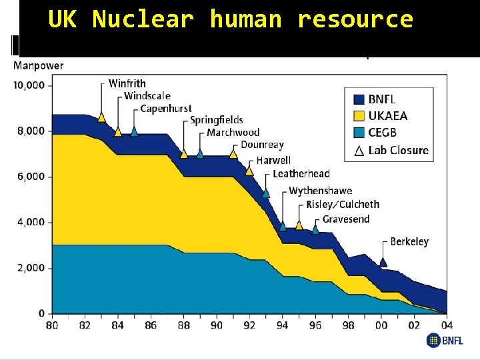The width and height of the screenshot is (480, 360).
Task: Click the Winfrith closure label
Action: pyautogui.click(x=127, y=84)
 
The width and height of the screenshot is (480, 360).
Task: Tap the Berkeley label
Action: pyautogui.click(x=409, y=241)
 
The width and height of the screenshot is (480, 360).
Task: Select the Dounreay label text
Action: pyautogui.click(x=262, y=145)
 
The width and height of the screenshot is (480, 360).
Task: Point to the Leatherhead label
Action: pyautogui.click(x=301, y=174)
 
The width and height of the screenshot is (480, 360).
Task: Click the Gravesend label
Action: pyautogui.click(x=346, y=219)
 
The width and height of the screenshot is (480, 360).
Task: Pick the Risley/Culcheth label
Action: pyautogui.click(x=343, y=205)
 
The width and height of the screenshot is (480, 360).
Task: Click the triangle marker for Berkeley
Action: pyautogui.click(x=383, y=262)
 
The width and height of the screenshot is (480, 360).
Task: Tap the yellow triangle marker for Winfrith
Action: pyautogui.click(x=101, y=117)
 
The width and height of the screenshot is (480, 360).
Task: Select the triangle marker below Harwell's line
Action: pyautogui.click(x=249, y=171)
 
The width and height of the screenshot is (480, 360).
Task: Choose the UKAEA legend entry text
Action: pyautogui.click(x=387, y=116)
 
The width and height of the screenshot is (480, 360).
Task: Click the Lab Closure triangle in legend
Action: pyautogui.click(x=359, y=151)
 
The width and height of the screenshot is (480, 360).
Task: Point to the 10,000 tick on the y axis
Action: pyautogui.click(x=29, y=85)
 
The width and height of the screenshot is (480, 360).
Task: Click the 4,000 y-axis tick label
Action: pyautogui.click(x=31, y=222)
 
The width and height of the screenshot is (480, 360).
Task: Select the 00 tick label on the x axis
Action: pyautogui.click(x=381, y=325)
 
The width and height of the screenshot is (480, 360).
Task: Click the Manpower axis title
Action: pyautogui.click(x=39, y=65)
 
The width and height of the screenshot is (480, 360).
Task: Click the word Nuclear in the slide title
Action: pyautogui.click(x=143, y=20)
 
